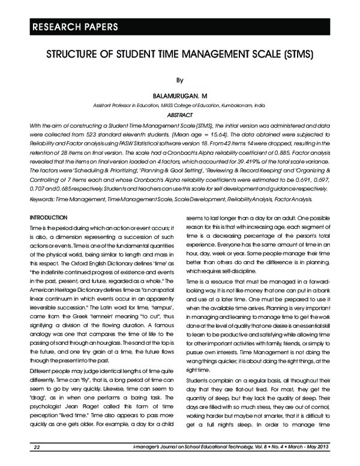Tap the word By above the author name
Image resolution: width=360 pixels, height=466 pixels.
(x=179, y=79)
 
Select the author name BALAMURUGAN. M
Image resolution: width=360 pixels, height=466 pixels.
(x=179, y=95)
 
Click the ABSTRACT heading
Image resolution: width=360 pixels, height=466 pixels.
(x=179, y=114)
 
